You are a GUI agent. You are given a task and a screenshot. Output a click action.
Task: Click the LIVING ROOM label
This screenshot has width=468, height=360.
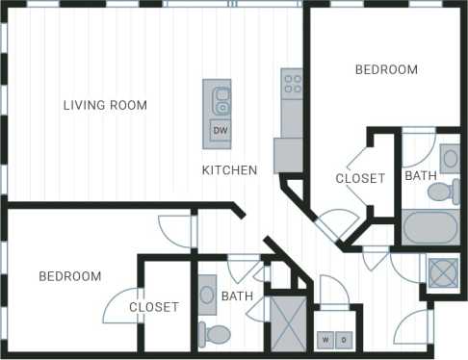106,105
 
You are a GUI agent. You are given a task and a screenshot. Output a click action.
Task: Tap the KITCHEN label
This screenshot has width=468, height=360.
229,170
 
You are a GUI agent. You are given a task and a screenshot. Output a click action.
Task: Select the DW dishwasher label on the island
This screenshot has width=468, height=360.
220,130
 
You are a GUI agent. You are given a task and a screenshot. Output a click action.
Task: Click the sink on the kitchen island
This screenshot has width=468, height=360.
221,96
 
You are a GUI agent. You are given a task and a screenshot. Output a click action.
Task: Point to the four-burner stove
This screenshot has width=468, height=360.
292,83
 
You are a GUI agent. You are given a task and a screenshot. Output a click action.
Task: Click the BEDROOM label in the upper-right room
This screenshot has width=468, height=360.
386,69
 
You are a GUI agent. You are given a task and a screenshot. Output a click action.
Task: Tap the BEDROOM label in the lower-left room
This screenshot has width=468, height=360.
70,276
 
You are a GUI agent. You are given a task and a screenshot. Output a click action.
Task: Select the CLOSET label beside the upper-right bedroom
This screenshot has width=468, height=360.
360,178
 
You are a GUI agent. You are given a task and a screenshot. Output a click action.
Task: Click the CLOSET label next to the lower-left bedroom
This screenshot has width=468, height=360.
154,307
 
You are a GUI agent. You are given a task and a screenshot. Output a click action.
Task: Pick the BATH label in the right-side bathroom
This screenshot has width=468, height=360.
420,176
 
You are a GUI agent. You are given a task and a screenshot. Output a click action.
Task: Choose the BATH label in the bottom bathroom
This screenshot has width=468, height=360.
237,296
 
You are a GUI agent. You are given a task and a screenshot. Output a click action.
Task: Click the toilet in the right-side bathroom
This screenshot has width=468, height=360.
442,192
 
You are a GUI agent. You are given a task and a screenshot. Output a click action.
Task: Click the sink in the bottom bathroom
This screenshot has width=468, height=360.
207,294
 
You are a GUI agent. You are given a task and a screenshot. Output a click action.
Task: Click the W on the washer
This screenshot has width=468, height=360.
325,340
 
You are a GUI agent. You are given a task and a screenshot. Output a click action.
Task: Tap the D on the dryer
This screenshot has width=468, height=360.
344,340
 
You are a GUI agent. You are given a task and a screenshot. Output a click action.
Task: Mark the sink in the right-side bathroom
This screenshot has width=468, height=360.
450,156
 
